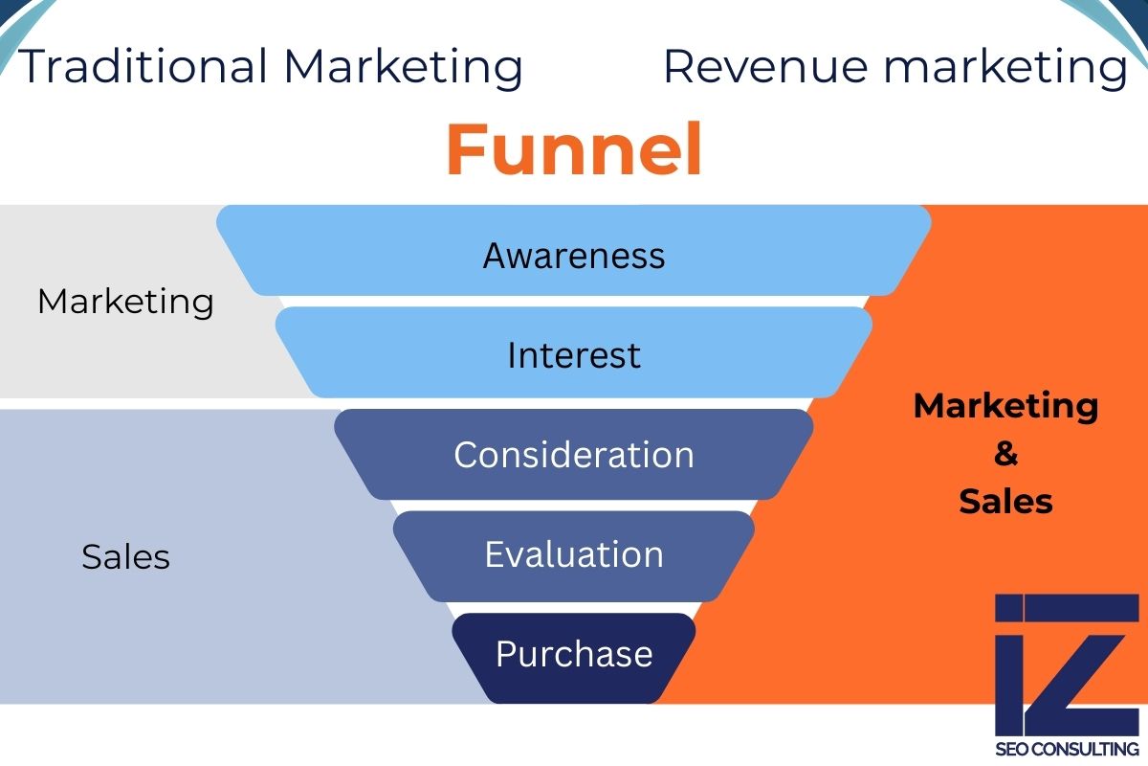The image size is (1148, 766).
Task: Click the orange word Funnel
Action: pos(574,150)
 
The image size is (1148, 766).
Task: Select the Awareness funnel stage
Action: pos(574,256)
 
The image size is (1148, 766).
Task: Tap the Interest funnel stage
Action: pos(574,355)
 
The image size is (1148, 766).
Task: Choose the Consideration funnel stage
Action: pos(574,455)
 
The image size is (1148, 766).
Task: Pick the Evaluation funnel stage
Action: pos(574,554)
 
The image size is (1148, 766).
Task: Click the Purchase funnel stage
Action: pos(574,654)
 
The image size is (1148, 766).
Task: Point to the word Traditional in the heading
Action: pos(143,67)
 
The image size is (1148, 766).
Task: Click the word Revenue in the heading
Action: pos(765,67)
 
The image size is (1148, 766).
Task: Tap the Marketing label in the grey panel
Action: pos(125,302)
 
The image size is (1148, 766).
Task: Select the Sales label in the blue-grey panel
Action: pos(125,556)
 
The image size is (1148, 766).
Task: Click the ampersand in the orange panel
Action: pos(1005,454)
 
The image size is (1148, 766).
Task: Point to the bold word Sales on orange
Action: pos(1005,501)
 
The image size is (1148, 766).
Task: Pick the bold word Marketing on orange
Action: pos(1005,406)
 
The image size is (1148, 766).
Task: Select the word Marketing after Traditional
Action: pos(403,67)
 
